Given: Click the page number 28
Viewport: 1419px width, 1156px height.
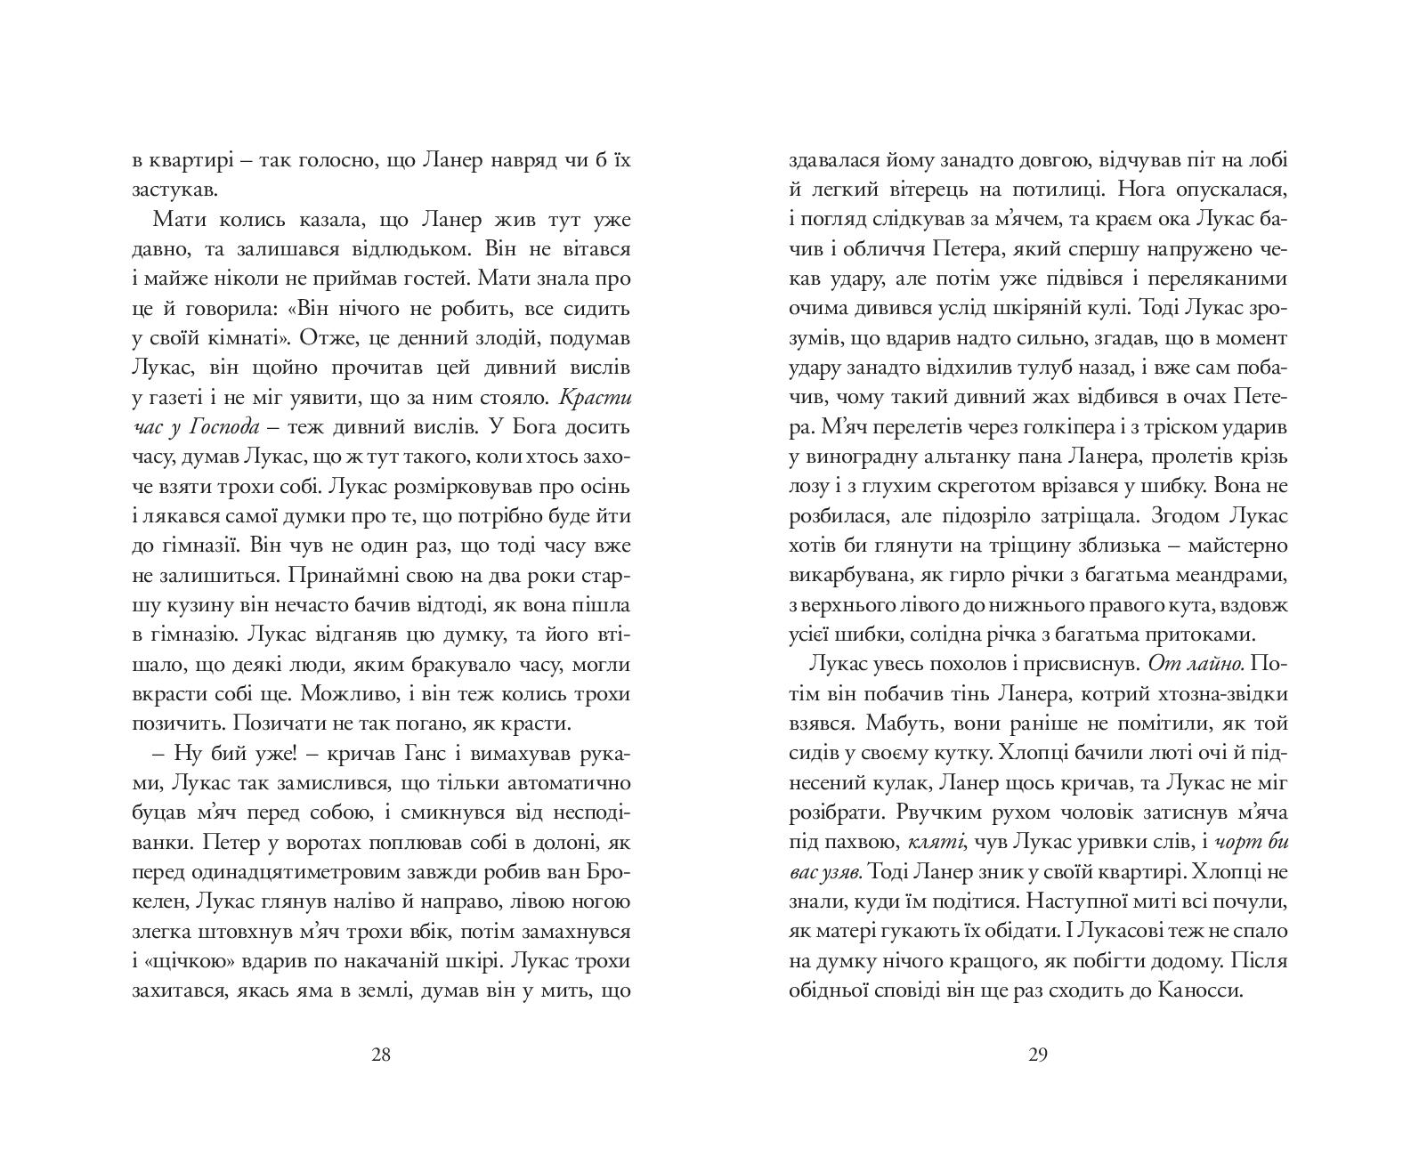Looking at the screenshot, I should [380, 1055].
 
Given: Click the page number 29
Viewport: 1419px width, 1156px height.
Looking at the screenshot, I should [1037, 1055].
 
